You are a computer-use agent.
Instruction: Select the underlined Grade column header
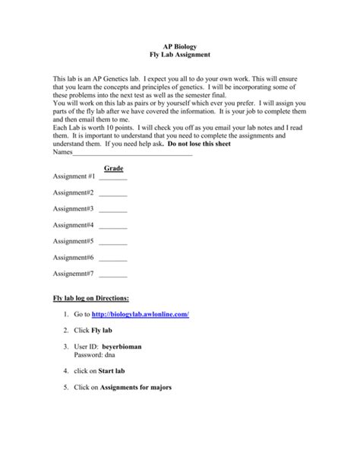click(113, 168)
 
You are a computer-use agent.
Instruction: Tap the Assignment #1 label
click(74, 176)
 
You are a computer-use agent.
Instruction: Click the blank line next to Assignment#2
click(113, 194)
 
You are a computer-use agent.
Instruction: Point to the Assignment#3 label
click(73, 208)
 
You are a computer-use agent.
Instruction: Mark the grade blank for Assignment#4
click(113, 226)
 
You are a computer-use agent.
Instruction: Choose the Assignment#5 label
click(73, 241)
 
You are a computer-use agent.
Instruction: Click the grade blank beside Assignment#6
click(113, 258)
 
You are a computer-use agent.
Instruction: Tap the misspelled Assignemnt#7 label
click(74, 274)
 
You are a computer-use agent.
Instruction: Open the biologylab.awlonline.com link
click(140, 314)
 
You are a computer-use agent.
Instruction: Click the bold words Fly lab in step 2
click(101, 331)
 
